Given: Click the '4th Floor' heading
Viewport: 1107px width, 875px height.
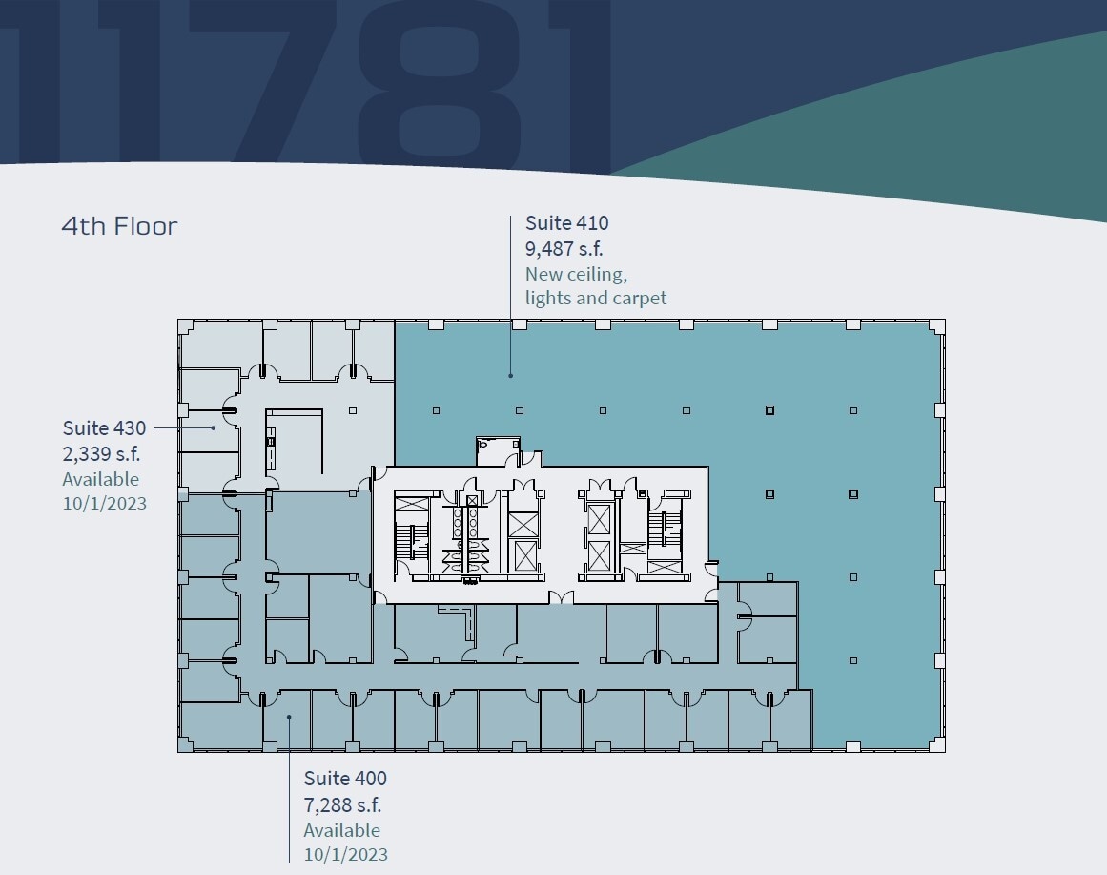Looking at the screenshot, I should [119, 227].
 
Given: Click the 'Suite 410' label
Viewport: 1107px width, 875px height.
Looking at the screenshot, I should [566, 223].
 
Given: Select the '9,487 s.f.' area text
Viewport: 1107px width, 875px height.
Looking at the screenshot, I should [564, 249].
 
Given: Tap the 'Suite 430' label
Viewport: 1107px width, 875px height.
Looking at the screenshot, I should [105, 427].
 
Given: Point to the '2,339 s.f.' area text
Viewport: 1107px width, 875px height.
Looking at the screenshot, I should [101, 453].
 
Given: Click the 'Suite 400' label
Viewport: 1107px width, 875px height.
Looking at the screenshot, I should [345, 779].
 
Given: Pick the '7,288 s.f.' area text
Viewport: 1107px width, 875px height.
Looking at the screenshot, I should [343, 804].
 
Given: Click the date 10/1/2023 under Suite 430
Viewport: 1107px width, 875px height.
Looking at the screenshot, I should [105, 503].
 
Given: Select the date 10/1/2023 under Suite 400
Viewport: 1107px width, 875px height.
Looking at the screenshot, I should [346, 854].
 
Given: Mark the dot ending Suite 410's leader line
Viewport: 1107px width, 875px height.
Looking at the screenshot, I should [510, 375].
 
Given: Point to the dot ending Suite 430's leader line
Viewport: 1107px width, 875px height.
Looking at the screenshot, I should [214, 427].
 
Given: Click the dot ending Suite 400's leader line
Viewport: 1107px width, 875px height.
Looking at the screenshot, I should [290, 716].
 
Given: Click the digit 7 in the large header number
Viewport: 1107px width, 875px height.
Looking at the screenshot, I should [277, 81].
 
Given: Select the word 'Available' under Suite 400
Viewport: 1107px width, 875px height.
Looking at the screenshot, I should [342, 830].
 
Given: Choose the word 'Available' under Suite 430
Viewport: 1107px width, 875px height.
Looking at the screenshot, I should [101, 479].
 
